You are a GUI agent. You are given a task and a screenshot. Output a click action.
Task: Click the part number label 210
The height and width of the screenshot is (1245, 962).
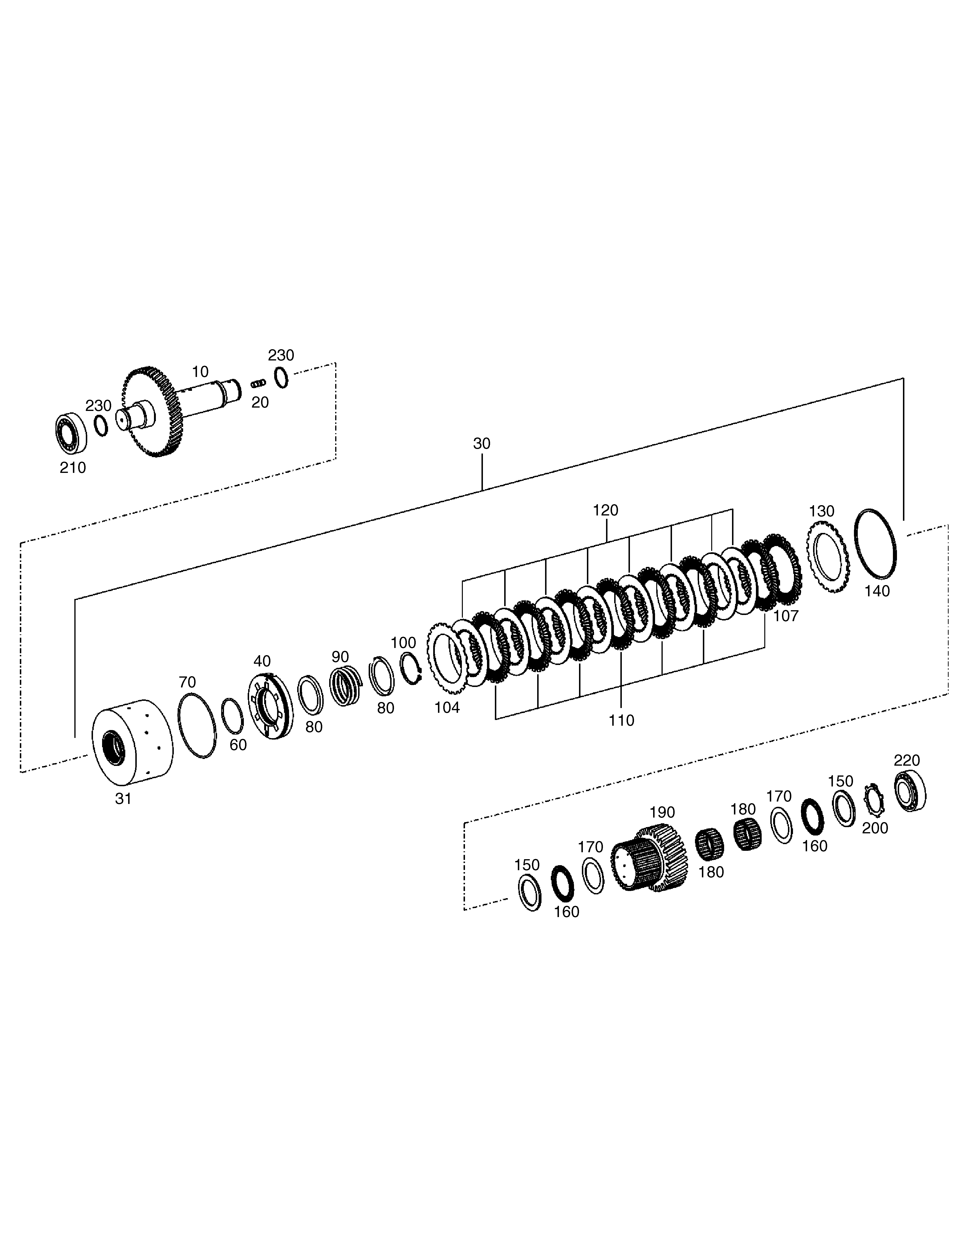pos(73,468)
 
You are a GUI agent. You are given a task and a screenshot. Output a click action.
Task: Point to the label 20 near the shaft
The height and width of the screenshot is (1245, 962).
pos(260,403)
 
